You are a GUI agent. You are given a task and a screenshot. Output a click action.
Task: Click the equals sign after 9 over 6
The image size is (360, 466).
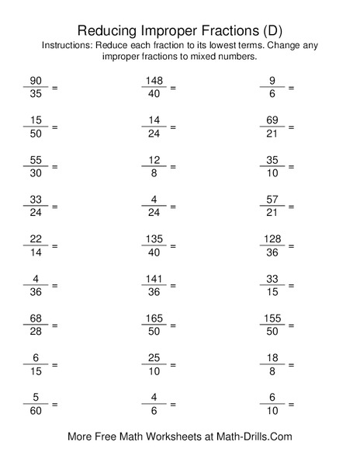tap(291, 88)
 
